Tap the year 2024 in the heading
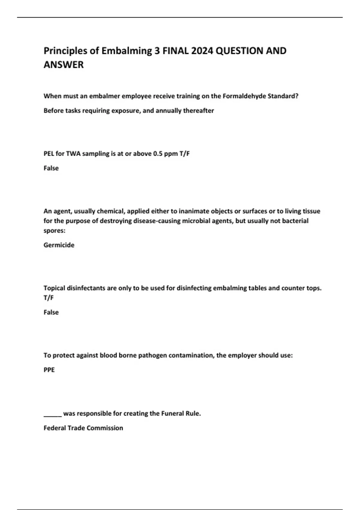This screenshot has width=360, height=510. click(x=202, y=51)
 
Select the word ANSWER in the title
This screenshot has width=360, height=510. click(x=64, y=64)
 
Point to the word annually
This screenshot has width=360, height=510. click(x=168, y=111)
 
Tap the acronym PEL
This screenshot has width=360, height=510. click(x=49, y=154)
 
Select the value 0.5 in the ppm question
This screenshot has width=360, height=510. click(x=157, y=154)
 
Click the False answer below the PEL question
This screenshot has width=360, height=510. click(x=51, y=168)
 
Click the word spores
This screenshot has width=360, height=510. click(x=54, y=230)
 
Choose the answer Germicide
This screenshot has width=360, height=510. click(x=59, y=245)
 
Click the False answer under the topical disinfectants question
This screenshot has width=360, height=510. click(x=51, y=312)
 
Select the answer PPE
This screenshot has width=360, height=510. click(x=49, y=370)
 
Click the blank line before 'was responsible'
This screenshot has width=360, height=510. click(x=52, y=415)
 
